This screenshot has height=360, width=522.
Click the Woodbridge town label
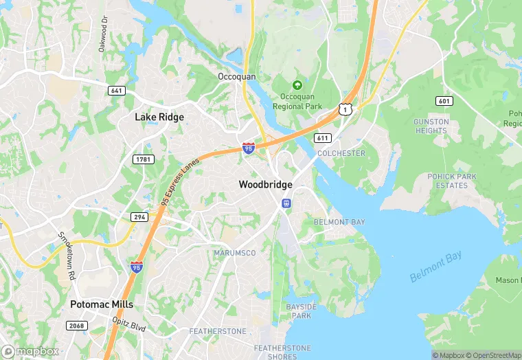(x=265, y=185)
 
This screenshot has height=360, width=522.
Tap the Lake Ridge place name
(x=159, y=117)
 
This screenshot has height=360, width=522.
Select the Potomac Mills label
(x=102, y=304)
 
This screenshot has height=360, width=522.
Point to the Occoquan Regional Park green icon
(x=297, y=85)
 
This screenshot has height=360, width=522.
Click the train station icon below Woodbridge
(x=286, y=203)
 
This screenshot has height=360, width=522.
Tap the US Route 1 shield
(x=345, y=109)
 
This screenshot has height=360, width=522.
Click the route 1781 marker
(x=143, y=159)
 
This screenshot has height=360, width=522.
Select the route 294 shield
(x=139, y=216)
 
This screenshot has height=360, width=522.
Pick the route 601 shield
(x=444, y=101)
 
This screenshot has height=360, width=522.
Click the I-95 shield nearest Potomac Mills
(x=137, y=267)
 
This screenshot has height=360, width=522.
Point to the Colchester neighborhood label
(x=341, y=153)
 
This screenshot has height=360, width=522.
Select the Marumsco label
(x=234, y=253)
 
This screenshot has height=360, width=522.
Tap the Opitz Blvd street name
(x=129, y=324)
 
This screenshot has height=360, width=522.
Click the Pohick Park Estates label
(x=451, y=181)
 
